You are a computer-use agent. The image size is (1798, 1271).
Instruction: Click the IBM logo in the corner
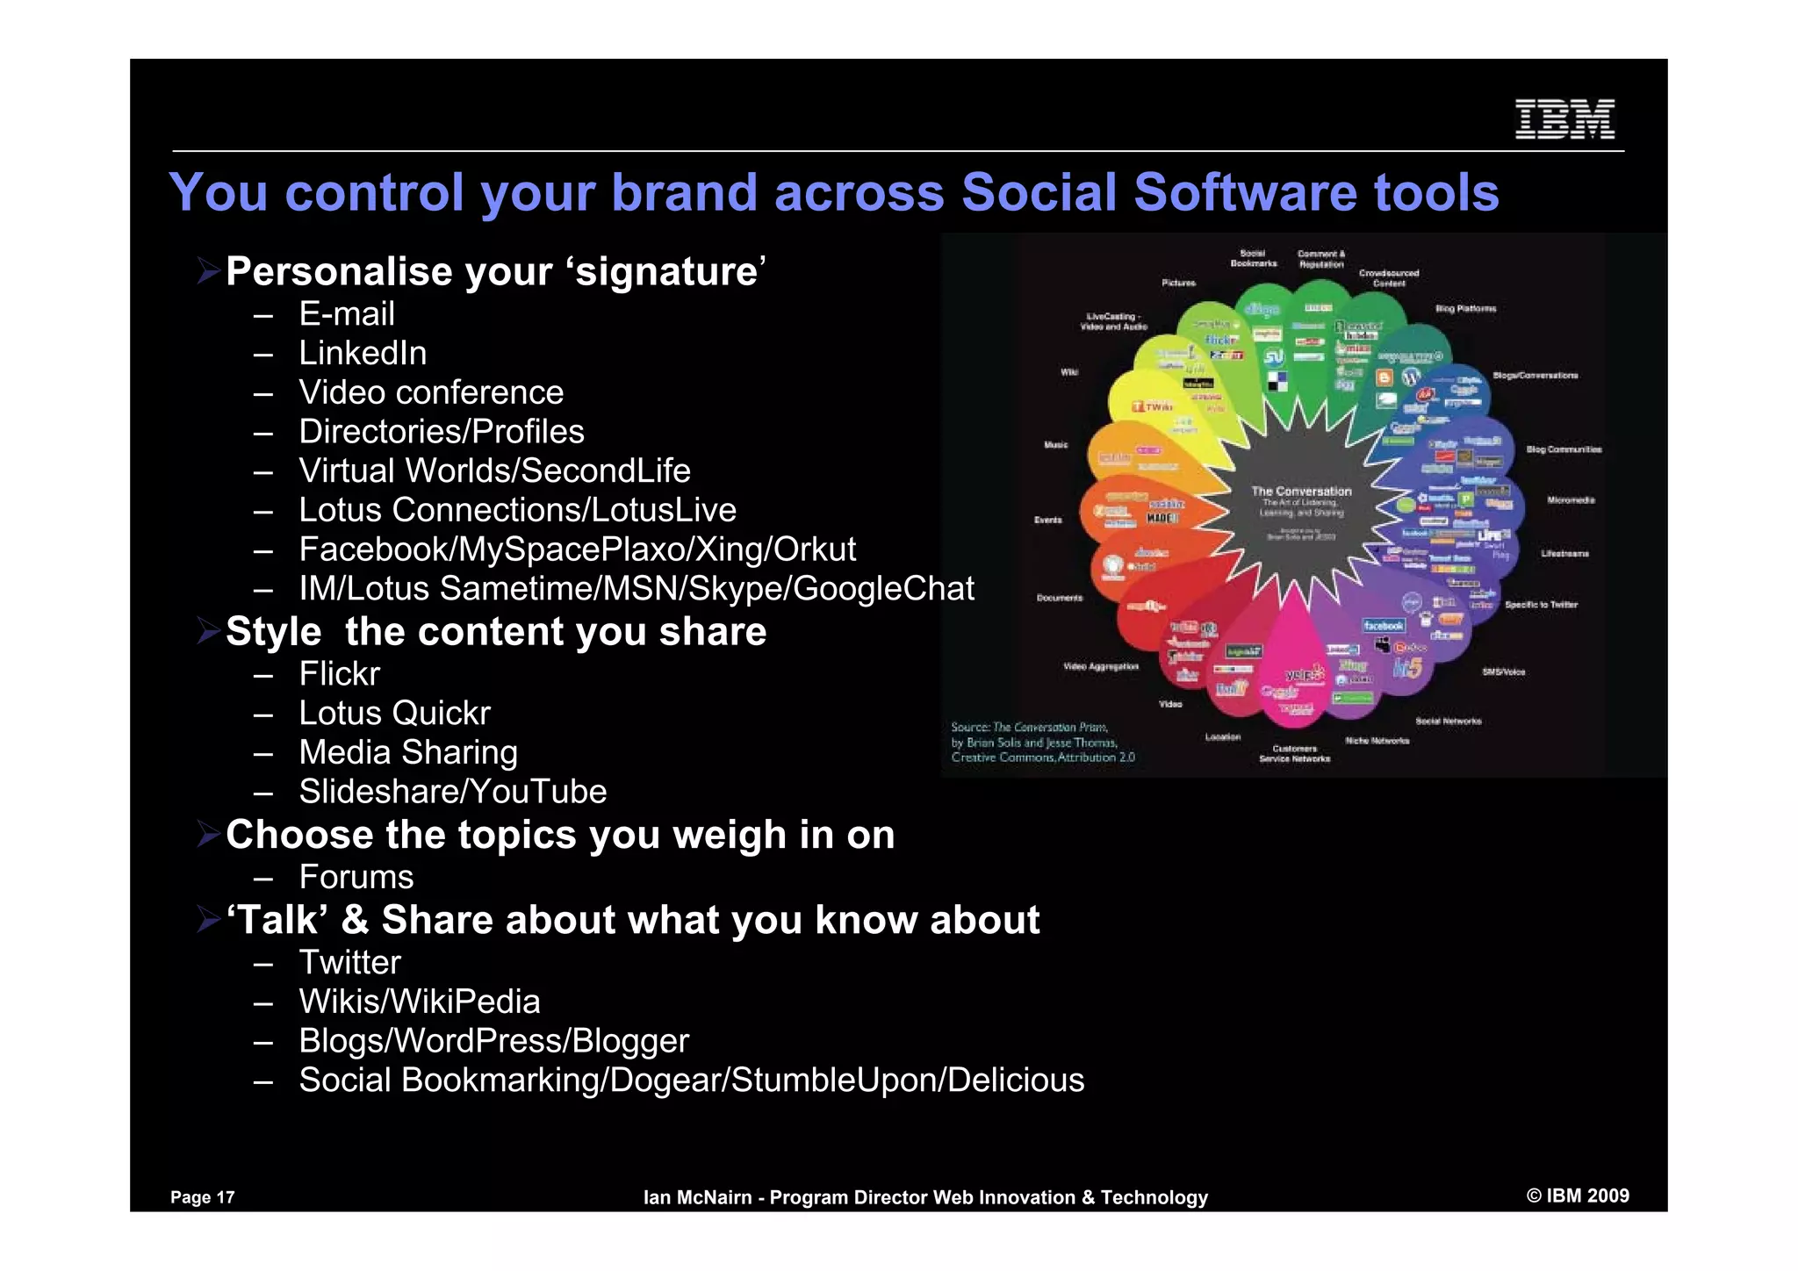coord(1564,119)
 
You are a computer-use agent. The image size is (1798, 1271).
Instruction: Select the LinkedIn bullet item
coord(362,354)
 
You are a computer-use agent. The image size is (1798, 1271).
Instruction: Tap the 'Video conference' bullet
coord(430,392)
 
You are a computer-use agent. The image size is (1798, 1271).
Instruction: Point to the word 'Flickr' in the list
coord(339,674)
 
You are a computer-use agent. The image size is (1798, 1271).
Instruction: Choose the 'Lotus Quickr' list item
coord(393,714)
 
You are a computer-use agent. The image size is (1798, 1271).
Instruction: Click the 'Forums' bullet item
coord(356,877)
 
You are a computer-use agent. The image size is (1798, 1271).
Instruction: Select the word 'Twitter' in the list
coord(349,963)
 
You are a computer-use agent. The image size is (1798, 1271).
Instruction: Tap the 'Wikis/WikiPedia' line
coord(419,1002)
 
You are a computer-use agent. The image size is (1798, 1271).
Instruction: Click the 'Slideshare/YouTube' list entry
coord(452,792)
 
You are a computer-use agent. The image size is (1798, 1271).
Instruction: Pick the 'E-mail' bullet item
coord(346,314)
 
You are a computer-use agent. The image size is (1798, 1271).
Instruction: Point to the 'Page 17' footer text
coord(202,1197)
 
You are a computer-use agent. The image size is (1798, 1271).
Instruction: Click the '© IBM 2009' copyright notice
coord(1577,1196)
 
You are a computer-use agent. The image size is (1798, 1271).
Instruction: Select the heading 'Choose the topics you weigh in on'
coord(559,835)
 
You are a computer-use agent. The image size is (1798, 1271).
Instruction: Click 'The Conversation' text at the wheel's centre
coord(1301,492)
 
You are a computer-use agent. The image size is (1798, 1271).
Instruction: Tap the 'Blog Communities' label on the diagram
coord(1563,449)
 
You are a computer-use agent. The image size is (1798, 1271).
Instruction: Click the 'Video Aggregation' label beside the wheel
coord(1100,667)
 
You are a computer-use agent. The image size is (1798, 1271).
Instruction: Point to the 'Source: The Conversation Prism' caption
coord(1029,728)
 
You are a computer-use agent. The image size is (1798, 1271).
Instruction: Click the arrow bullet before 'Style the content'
coord(208,631)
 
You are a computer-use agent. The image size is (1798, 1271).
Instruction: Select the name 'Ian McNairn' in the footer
coord(697,1197)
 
